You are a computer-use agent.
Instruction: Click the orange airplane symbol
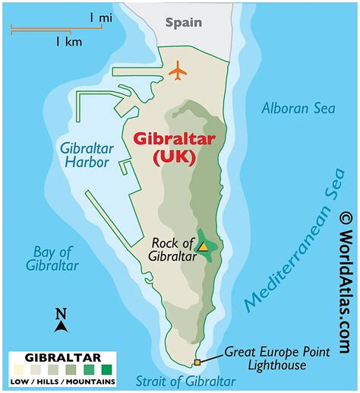[x=178, y=71]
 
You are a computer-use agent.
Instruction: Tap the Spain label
[x=185, y=22]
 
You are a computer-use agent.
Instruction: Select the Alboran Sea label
[x=298, y=108]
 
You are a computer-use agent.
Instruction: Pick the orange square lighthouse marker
[x=197, y=362]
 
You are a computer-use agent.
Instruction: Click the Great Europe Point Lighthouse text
[x=276, y=358]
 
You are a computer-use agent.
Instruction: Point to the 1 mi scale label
[x=100, y=17]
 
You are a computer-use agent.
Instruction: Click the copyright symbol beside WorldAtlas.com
[x=346, y=217]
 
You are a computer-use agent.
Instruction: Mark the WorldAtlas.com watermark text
[x=346, y=289]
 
